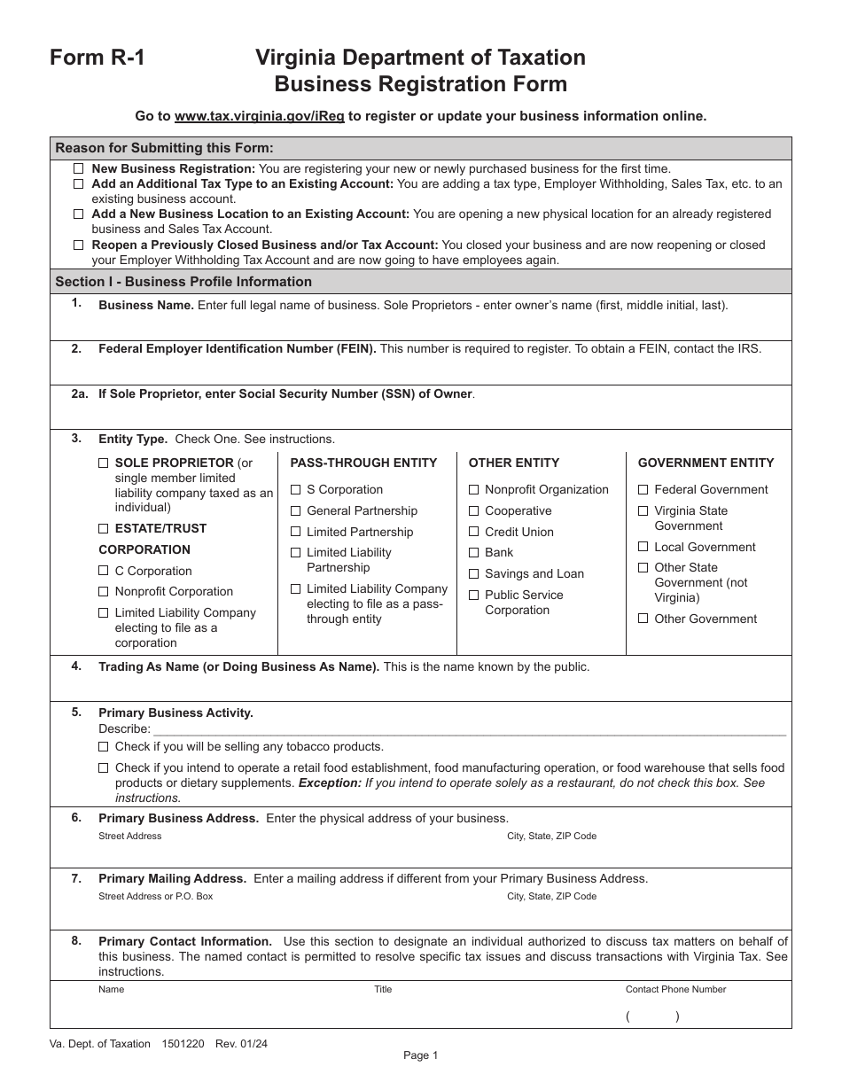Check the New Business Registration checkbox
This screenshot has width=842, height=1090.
[x=79, y=168]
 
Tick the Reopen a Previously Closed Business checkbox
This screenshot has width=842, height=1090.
[x=79, y=245]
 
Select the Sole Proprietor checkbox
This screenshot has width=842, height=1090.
[x=104, y=463]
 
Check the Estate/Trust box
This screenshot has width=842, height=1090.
[x=104, y=528]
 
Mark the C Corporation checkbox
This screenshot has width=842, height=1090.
[x=104, y=571]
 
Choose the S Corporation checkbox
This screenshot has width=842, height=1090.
[x=296, y=489]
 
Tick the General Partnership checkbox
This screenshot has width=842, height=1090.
[x=296, y=510]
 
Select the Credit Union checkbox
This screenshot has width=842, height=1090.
[x=474, y=532]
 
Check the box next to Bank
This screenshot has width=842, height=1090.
[x=474, y=552]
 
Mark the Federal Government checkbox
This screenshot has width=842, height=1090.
[x=643, y=489]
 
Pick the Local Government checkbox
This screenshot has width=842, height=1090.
[x=643, y=547]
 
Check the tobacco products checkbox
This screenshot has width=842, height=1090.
[x=104, y=746]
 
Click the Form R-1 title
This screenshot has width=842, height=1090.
[x=97, y=58]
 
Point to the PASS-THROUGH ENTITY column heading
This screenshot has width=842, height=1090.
[x=363, y=463]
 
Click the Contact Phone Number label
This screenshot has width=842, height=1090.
[x=675, y=989]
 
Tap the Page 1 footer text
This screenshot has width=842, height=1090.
[x=420, y=1055]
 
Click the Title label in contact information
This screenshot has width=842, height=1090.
[x=383, y=989]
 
